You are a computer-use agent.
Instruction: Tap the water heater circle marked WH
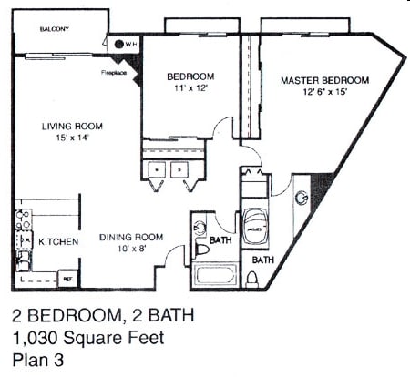point(120,43)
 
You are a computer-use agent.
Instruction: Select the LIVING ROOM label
point(71,126)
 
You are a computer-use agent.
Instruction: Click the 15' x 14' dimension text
point(71,138)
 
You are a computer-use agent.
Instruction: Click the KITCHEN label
point(57,241)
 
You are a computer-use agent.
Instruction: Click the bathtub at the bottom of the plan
point(215,276)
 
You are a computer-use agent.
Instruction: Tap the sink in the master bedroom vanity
point(301,198)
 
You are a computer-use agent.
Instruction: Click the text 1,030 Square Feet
point(88,339)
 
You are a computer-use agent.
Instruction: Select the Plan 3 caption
point(39,360)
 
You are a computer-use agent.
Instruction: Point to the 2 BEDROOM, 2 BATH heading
point(103,318)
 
